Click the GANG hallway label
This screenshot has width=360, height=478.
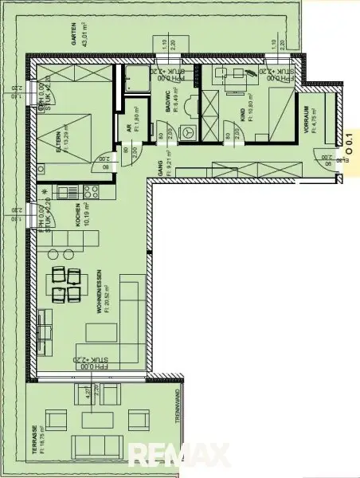click(x=159, y=170)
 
